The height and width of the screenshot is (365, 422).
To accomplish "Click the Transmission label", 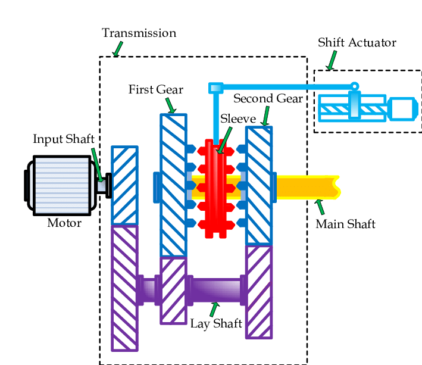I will (x=139, y=33).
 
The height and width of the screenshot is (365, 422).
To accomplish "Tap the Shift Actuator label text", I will (x=357, y=42).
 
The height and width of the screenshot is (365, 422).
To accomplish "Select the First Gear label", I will (x=155, y=89).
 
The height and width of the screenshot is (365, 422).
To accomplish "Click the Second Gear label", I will (x=268, y=98).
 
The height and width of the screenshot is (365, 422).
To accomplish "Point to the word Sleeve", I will (x=238, y=118).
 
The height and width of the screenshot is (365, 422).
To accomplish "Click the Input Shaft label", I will (x=64, y=139).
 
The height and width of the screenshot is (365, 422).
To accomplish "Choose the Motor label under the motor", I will (x=64, y=224).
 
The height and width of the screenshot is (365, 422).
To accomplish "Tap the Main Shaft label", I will (x=345, y=224).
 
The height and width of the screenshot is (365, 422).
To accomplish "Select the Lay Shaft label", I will (x=216, y=323).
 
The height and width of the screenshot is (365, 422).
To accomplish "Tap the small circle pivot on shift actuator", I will (x=355, y=86).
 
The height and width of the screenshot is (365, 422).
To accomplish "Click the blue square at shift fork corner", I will (x=215, y=88).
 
